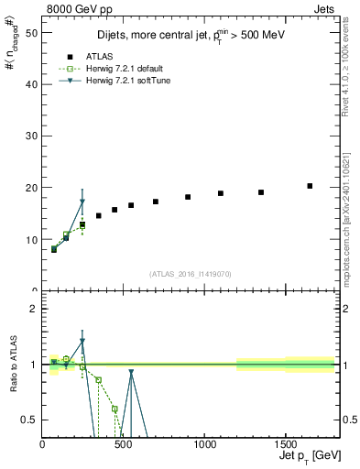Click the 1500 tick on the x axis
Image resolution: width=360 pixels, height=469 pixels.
click(285, 445)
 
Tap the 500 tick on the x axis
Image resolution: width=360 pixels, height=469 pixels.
click(123, 445)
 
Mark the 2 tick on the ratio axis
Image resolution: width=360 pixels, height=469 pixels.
click(34, 309)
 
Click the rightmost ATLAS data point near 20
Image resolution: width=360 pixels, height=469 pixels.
click(310, 186)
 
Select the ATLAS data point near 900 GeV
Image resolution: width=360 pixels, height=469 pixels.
click(188, 197)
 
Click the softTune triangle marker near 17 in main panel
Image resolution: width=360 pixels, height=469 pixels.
click(82, 202)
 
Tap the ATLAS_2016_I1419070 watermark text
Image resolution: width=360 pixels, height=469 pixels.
click(190, 273)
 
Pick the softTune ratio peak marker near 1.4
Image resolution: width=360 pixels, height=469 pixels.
click(82, 341)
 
